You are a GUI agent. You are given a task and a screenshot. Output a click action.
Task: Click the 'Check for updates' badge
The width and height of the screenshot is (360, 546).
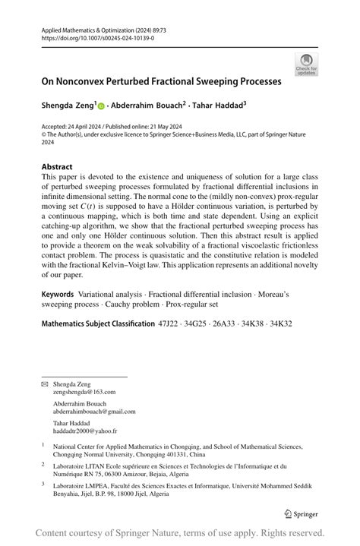click(307, 64)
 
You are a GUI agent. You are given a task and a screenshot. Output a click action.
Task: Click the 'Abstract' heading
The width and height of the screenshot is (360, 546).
click(57, 166)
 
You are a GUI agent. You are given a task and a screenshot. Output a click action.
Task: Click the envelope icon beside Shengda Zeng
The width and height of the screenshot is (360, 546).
click(44, 384)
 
